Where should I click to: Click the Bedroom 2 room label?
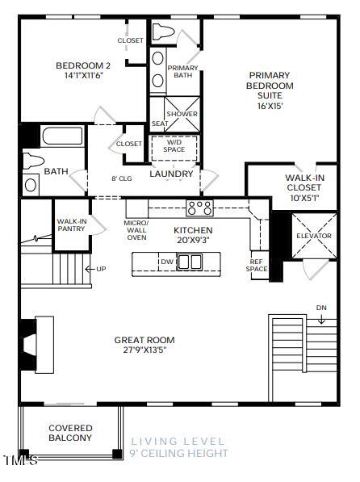tap(82, 65)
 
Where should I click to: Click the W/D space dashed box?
tap(174, 146)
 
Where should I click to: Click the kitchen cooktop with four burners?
tap(199, 207)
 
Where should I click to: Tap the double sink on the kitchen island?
tap(190, 262)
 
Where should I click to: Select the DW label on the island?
tap(165, 262)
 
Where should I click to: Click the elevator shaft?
tap(313, 235)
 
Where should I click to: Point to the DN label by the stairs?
tap(320, 308)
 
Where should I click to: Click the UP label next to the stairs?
tap(101, 269)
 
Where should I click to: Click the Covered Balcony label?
tap(70, 433)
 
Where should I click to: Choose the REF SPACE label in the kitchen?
tap(257, 266)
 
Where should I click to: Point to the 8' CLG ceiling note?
tap(121, 178)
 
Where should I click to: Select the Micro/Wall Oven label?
tap(136, 230)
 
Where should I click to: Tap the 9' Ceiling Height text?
tap(178, 454)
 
